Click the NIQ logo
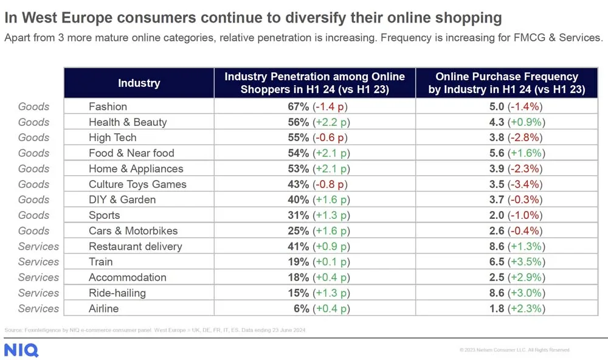(x=21, y=350)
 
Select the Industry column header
(x=139, y=83)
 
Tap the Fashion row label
(x=108, y=106)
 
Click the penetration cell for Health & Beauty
(x=314, y=122)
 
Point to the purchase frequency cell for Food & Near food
(x=506, y=153)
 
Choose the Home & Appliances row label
(x=136, y=168)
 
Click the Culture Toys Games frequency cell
(x=506, y=184)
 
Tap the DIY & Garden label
(x=122, y=199)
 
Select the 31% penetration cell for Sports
(x=314, y=215)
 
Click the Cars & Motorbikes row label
(x=133, y=231)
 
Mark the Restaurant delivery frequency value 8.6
(x=497, y=246)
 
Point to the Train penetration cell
(x=314, y=262)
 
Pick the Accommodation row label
(x=127, y=277)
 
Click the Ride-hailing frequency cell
(x=506, y=293)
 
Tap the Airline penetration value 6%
(x=301, y=308)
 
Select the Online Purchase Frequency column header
(x=506, y=83)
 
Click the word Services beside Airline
(x=38, y=308)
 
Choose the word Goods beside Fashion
(x=33, y=106)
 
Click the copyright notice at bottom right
(x=514, y=350)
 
